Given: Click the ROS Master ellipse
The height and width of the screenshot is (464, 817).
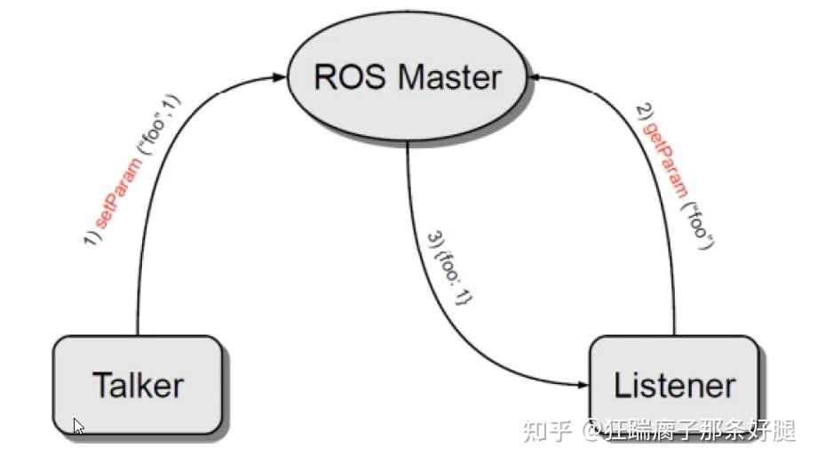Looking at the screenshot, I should click(407, 78).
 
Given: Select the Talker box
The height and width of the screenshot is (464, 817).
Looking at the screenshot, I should click(138, 385).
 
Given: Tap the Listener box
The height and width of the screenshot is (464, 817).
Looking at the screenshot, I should click(675, 385).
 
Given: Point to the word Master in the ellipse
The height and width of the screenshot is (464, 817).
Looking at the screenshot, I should click(448, 77).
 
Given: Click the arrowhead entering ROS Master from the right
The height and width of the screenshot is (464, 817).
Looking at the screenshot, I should click(535, 78).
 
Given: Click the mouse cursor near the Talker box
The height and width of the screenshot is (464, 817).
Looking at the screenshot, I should click(78, 426).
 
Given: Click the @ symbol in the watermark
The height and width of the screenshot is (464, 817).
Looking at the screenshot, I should click(591, 433).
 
